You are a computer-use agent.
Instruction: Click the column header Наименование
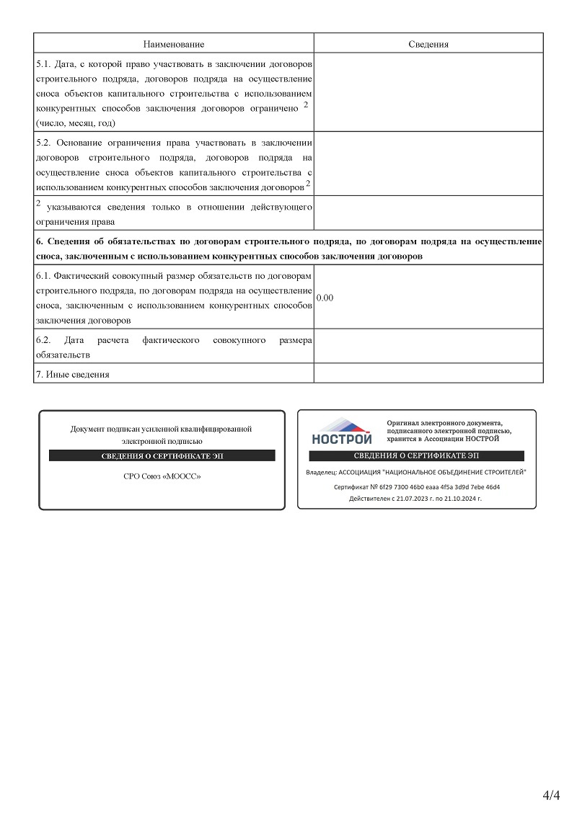173,45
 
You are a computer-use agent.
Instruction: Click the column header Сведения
428,45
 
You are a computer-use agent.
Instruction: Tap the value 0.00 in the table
325,298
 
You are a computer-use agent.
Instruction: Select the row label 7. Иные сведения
73,374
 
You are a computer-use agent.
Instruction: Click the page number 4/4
551,796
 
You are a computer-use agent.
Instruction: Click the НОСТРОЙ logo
342,431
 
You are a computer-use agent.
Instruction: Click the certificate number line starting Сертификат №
416,487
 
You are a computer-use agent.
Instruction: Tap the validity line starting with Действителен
415,498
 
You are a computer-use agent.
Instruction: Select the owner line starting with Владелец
416,472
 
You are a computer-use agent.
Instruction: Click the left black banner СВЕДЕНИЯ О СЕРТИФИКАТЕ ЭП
162,456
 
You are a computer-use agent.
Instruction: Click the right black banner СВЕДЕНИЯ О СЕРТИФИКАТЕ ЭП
416,456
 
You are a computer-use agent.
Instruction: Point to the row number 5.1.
43,64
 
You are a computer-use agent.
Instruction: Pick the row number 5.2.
43,143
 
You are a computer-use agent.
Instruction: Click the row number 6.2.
43,339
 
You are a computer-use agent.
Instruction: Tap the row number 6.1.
43,276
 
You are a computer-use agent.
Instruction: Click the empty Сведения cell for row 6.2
428,346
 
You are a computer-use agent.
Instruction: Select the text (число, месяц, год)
76,123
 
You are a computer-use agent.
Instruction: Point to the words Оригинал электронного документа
444,422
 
